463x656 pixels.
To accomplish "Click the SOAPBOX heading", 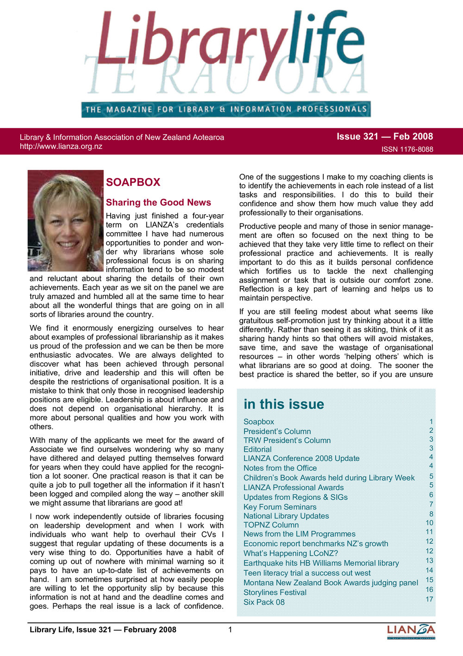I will pyautogui.click(x=133, y=182).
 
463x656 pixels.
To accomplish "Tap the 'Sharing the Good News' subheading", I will pyautogui.click(x=158, y=203).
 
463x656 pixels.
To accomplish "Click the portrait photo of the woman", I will pyautogui.click(x=65, y=221).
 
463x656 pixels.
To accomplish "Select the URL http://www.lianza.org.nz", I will pyautogui.click(x=61, y=146).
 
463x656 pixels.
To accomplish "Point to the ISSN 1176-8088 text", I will pyautogui.click(x=407, y=149).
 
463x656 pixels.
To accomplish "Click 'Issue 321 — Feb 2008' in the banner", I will pyautogui.click(x=385, y=136).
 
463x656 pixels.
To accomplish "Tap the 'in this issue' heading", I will pyautogui.click(x=284, y=404).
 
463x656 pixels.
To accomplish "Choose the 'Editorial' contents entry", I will pyautogui.click(x=257, y=449).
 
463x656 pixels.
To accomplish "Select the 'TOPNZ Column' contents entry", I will pyautogui.click(x=271, y=525).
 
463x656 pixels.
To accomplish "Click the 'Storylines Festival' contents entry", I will pyautogui.click(x=275, y=592).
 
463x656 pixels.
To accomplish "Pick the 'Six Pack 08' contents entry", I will pyautogui.click(x=264, y=602).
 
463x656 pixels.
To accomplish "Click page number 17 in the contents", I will pyautogui.click(x=430, y=599).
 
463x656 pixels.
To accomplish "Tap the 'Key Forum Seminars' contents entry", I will pyautogui.click(x=280, y=507).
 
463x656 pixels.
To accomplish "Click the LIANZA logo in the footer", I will pyautogui.click(x=411, y=631).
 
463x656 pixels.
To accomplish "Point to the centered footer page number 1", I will pyautogui.click(x=230, y=630).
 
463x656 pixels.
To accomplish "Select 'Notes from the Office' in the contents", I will pyautogui.click(x=280, y=468).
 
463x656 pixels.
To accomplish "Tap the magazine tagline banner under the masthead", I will pyautogui.click(x=226, y=109).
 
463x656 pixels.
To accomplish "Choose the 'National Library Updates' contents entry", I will pyautogui.click(x=286, y=516).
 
